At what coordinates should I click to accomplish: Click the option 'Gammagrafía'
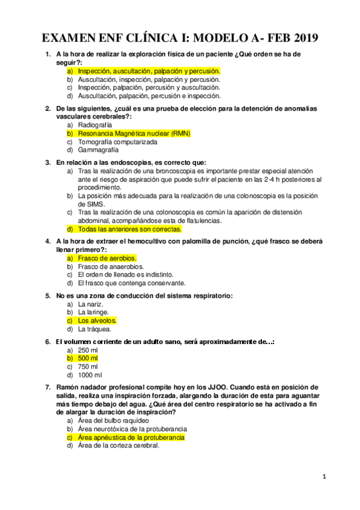[99, 150]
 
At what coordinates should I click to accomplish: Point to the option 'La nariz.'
[91, 304]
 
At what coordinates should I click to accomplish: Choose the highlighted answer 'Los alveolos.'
[97, 321]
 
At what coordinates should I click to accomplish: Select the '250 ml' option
[88, 350]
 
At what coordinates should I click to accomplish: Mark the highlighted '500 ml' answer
[88, 358]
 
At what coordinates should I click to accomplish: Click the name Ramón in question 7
[69, 387]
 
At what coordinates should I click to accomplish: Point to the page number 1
[324, 477]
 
